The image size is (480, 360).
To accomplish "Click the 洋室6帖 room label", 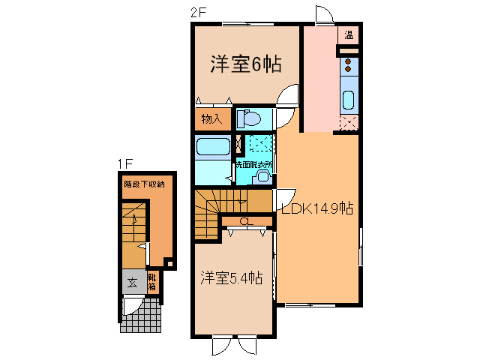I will click(x=245, y=65).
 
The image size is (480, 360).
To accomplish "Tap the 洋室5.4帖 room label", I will click(x=231, y=278).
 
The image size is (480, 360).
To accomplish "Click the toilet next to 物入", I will click(x=250, y=118).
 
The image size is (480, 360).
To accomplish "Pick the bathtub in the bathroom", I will click(x=212, y=148).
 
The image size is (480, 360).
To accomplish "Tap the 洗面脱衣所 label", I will click(x=253, y=163).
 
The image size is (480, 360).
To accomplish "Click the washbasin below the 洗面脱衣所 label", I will click(x=262, y=175).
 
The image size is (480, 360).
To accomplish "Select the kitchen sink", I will click(x=349, y=100).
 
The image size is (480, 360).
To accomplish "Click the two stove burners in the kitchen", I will click(x=349, y=67).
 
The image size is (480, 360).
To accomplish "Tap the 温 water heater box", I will click(x=349, y=35).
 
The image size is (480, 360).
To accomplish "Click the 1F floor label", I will click(x=124, y=163).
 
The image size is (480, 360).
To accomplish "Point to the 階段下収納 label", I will click(x=144, y=184).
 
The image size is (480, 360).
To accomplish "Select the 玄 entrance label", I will click(x=132, y=283).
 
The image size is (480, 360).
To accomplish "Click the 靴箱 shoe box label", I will click(x=152, y=283).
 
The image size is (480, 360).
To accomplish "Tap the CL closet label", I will click(x=244, y=220).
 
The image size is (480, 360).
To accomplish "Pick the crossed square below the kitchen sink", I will click(x=349, y=123).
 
